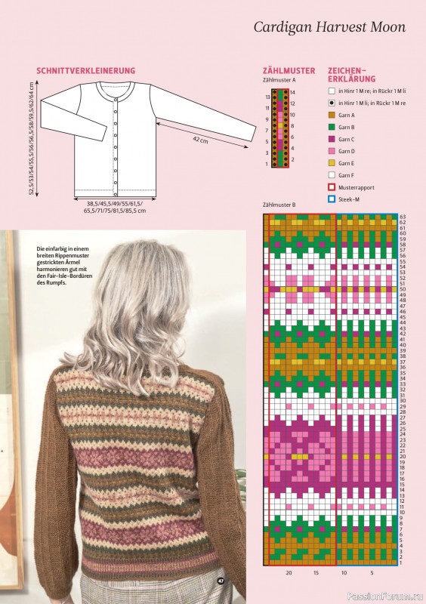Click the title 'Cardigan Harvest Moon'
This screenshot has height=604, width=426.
click(329, 27)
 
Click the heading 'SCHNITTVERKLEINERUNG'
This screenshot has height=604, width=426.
click(85, 70)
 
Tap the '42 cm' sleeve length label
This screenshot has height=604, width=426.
click(200, 140)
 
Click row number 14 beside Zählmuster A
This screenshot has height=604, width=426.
click(293, 91)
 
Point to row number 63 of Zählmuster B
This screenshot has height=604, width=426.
click(403, 217)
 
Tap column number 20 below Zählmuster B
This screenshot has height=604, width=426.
click(289, 573)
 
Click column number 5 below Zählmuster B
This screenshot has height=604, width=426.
click(372, 573)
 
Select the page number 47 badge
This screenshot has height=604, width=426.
click(221, 580)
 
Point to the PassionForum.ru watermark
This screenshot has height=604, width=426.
click(390, 596)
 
